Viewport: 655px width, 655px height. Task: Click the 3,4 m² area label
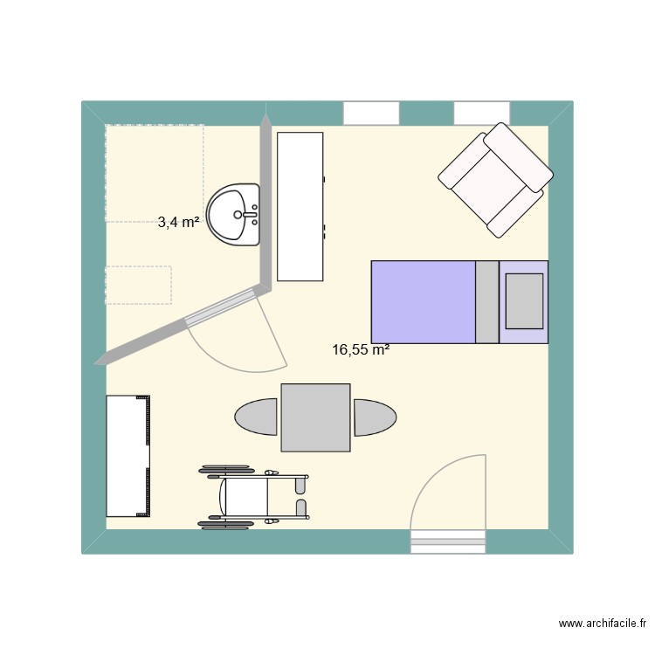(179, 222)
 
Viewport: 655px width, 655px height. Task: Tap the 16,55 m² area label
(360, 350)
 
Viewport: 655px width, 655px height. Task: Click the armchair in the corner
(495, 180)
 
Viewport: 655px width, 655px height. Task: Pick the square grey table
(315, 417)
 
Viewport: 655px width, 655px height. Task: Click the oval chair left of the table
(257, 417)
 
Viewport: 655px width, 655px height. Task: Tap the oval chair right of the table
(374, 417)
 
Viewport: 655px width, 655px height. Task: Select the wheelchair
(253, 498)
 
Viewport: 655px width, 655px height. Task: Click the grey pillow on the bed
(524, 300)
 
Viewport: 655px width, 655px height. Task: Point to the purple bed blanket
(423, 301)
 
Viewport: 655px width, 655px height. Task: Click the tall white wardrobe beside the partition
(300, 206)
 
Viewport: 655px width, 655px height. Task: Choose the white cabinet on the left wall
(128, 456)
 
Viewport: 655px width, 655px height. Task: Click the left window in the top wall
(370, 113)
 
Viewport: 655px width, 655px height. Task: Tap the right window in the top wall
(481, 113)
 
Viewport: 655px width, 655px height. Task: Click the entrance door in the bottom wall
(447, 541)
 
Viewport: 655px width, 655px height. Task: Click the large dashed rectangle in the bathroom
(154, 172)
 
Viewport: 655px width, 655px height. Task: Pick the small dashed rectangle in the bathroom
(138, 285)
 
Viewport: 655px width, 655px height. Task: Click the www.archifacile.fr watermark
(602, 624)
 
